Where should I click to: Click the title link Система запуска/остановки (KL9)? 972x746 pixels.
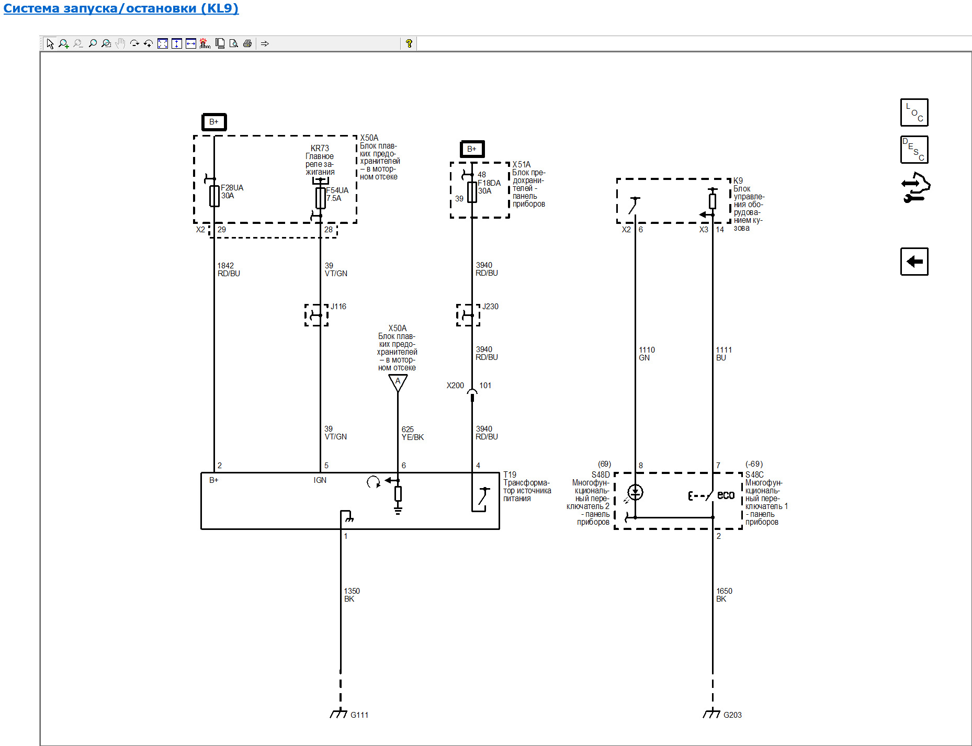pyautogui.click(x=121, y=8)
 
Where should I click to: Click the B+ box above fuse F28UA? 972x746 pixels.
pyautogui.click(x=214, y=122)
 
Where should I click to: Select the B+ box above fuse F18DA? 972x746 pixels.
pyautogui.click(x=472, y=149)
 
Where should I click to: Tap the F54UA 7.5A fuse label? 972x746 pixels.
pyautogui.click(x=337, y=194)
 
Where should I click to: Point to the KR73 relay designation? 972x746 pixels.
pyautogui.click(x=320, y=148)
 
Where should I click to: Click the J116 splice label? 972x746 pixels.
pyautogui.click(x=338, y=307)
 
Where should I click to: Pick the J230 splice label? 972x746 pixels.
pyautogui.click(x=490, y=307)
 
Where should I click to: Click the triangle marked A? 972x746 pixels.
pyautogui.click(x=398, y=382)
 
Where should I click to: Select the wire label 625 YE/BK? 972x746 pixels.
pyautogui.click(x=412, y=433)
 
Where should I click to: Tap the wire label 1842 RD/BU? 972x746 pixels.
pyautogui.click(x=229, y=269)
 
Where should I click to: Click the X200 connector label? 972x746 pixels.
pyautogui.click(x=455, y=386)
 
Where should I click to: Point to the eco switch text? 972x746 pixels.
pyautogui.click(x=726, y=495)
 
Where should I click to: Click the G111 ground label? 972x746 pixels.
pyautogui.click(x=359, y=715)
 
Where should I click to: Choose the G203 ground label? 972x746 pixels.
pyautogui.click(x=732, y=715)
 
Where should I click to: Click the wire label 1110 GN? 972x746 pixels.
pyautogui.click(x=647, y=354)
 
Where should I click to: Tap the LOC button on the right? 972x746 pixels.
pyautogui.click(x=914, y=112)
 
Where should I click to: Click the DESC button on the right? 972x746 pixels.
pyautogui.click(x=914, y=150)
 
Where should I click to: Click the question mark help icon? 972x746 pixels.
pyautogui.click(x=409, y=43)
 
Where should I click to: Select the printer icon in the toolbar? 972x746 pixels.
pyautogui.click(x=247, y=43)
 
